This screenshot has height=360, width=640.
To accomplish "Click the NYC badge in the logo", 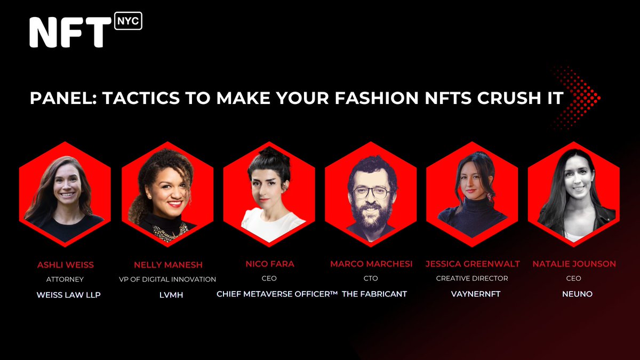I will point(128,21).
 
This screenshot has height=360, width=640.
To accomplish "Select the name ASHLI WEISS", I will point(65,264).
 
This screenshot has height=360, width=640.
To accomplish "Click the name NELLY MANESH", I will point(167,264).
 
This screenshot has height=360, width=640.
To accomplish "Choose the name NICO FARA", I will point(269,263).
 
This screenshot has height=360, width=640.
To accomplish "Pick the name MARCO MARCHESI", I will point(371,263).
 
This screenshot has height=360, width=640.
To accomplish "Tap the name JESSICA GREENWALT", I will point(473,263).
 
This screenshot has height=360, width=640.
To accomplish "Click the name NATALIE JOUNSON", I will point(574,263).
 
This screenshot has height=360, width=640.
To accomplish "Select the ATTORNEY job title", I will point(65,279).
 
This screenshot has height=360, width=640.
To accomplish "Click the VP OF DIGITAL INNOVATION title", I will point(167,279).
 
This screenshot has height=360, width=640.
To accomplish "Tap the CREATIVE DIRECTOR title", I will point(472,278).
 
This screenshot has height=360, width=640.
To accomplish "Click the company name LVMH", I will point(167,294).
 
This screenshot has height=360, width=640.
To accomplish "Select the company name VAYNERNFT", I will point(472,294).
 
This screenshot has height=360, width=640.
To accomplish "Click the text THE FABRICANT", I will point(381,294).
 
